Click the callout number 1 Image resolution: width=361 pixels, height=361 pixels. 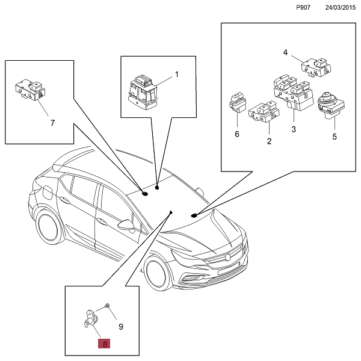click(x=177, y=75)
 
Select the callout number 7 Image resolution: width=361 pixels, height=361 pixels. click(x=53, y=123)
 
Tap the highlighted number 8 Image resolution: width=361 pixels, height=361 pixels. click(x=104, y=344)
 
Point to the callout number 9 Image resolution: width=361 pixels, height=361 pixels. click(x=121, y=327)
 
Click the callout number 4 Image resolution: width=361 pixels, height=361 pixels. click(x=285, y=52)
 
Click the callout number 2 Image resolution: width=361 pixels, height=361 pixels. click(x=269, y=141)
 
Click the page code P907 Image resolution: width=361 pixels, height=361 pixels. click(x=303, y=7)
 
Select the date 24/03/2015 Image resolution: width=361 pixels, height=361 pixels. click(x=341, y=7)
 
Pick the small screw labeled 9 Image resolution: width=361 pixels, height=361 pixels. click(x=107, y=306)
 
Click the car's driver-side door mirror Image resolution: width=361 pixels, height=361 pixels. click(x=126, y=224)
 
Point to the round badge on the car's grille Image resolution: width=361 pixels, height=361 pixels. click(x=228, y=257)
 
